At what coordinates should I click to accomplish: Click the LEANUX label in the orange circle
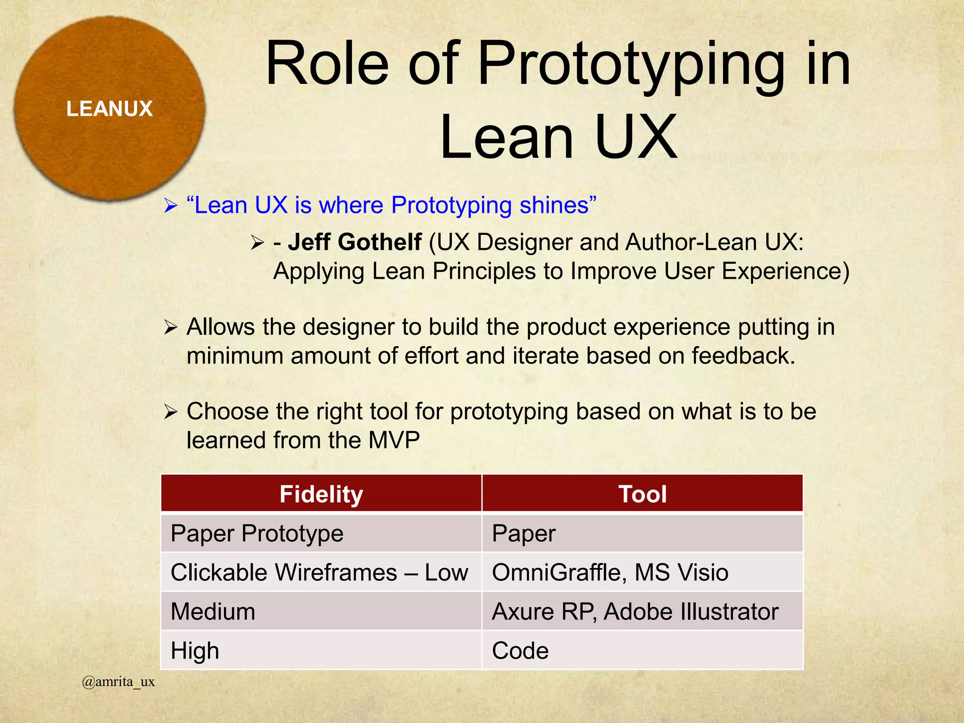[x=109, y=109]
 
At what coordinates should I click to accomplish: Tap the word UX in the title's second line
[x=635, y=137]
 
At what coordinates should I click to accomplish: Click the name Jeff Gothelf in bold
[x=354, y=242]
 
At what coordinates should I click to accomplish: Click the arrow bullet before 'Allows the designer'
[x=170, y=327]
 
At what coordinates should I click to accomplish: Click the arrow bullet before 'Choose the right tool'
[x=170, y=412]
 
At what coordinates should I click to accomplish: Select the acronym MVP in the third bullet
[x=394, y=441]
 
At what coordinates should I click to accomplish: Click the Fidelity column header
[x=321, y=494]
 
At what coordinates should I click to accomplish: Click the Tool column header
[x=642, y=494]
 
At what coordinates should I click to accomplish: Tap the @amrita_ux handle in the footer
[x=118, y=682]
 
